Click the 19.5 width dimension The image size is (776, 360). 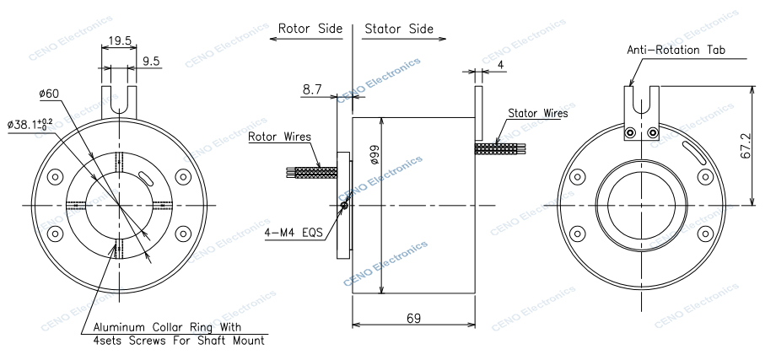click(x=118, y=39)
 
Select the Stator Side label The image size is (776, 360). click(x=398, y=29)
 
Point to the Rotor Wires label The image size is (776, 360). click(x=279, y=136)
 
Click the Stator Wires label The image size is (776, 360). click(x=537, y=112)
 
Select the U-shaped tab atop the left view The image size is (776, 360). click(x=119, y=99)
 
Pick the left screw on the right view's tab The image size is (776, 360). click(x=630, y=132)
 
